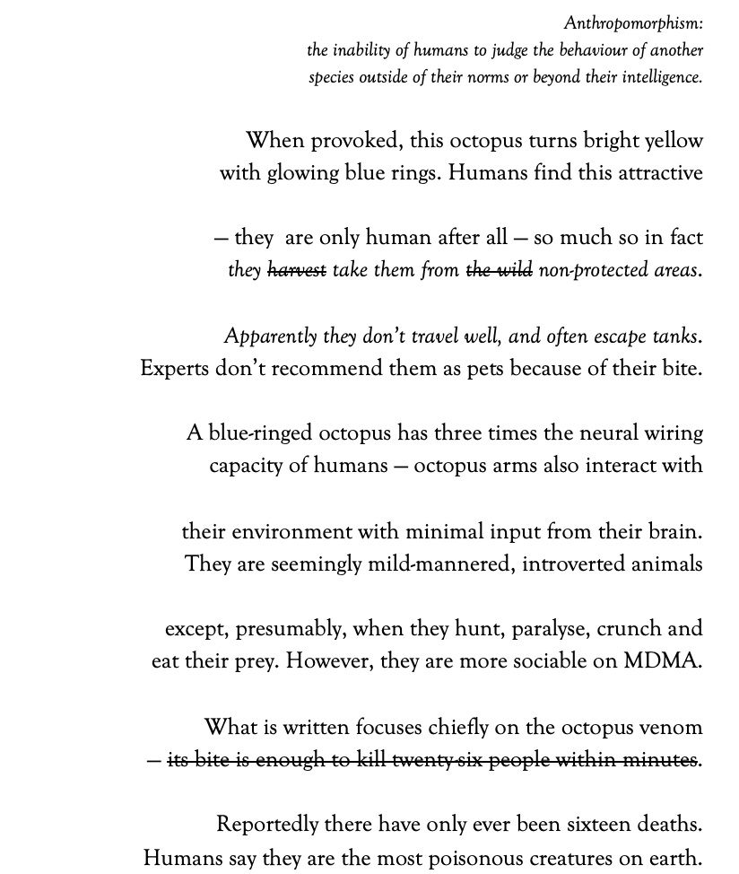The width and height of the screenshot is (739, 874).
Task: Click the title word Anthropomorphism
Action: (632, 24)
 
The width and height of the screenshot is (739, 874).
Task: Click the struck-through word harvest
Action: (296, 270)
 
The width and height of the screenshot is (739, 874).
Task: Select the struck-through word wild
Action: (514, 270)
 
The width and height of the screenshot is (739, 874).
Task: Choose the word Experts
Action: (175, 370)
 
